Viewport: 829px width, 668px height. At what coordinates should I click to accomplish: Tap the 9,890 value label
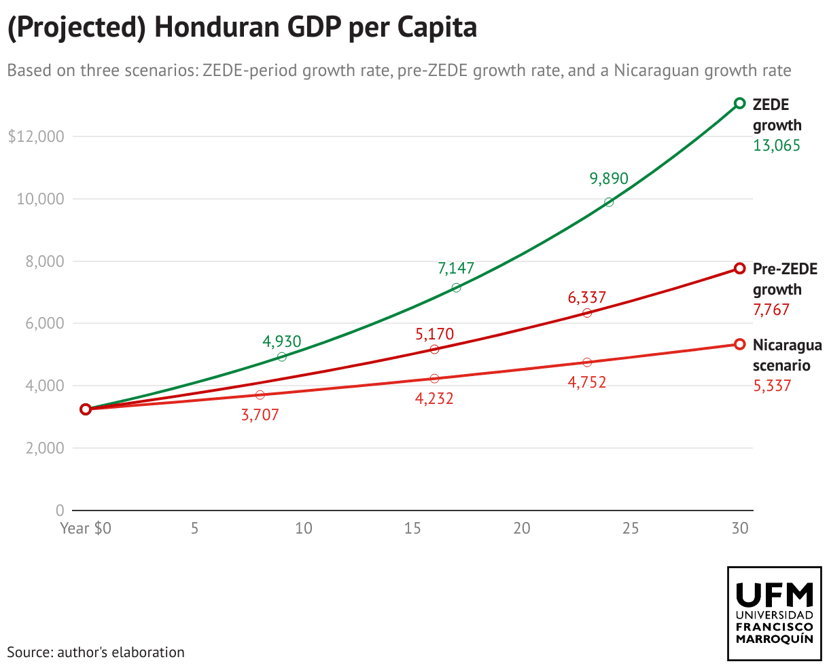point(609,179)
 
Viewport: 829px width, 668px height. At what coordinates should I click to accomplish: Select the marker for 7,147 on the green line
point(456,288)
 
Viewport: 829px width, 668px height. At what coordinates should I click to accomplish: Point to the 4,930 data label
point(281,341)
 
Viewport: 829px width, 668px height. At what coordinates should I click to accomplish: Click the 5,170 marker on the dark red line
point(434,349)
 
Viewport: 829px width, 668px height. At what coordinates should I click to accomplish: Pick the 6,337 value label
point(586,297)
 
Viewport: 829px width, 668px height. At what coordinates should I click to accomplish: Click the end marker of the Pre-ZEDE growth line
point(740,268)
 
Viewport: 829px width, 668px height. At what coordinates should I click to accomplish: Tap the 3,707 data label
point(260,415)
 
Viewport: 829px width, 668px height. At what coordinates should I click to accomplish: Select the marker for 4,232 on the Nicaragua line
point(434,378)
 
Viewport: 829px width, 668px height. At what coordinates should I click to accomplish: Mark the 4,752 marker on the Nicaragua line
point(587,363)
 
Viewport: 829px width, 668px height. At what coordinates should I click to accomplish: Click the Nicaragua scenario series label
point(787,355)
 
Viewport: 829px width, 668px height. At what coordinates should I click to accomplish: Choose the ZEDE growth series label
point(777,115)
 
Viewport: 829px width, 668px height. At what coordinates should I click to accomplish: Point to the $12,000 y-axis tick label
point(36,136)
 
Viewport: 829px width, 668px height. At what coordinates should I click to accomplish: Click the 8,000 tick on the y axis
point(40,261)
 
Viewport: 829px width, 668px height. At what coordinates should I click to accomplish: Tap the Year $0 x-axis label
point(86,528)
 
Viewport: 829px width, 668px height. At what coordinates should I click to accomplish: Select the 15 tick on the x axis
point(412,528)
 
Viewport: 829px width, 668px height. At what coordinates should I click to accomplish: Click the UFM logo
point(774,613)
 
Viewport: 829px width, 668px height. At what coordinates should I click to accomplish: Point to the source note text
point(96,652)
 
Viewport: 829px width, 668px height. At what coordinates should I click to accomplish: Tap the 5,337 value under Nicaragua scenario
point(772,386)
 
